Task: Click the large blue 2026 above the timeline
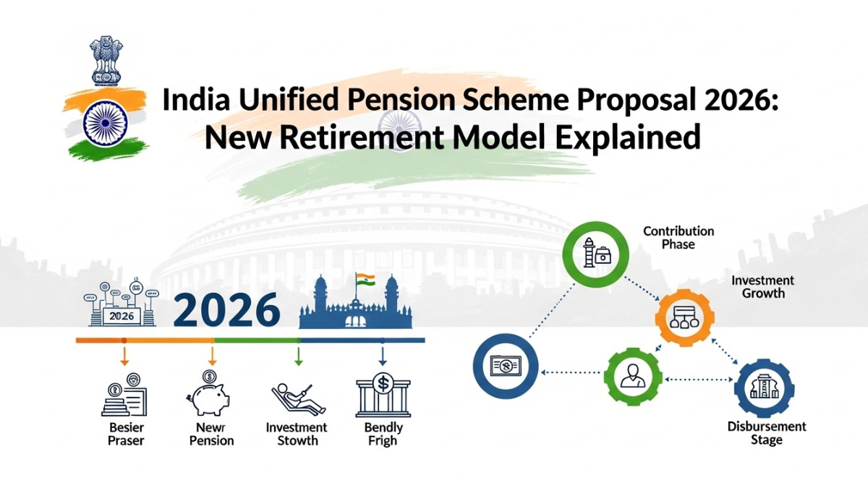226,309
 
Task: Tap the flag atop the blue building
365,279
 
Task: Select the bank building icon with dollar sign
382,395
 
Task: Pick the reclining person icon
297,398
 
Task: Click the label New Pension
211,434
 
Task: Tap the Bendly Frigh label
383,434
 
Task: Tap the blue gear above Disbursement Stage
764,388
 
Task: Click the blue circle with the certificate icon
504,366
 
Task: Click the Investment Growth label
762,287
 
